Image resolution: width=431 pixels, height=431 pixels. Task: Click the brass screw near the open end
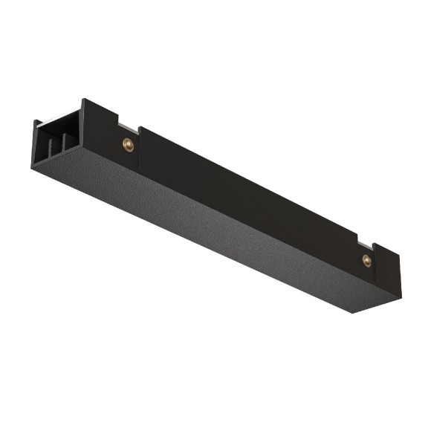tap(129, 145)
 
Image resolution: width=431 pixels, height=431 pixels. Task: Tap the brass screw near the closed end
tap(366, 259)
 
